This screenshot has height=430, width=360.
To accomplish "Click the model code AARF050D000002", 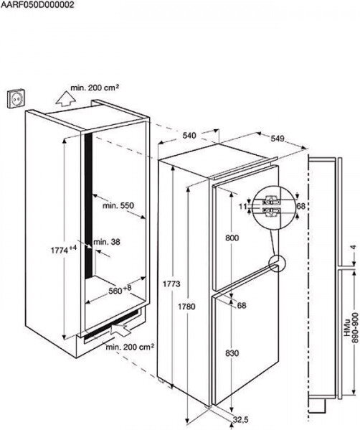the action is tap(37, 4).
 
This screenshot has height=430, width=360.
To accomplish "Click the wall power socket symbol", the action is tap(15, 99).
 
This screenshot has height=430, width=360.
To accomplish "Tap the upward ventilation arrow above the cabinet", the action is tap(65, 98).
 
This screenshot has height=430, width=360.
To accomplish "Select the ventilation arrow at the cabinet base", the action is tap(120, 329).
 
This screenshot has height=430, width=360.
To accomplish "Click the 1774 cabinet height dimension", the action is tap(64, 250).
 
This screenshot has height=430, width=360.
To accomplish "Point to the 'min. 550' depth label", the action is tap(118, 205).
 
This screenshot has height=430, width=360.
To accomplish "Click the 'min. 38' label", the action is tap(107, 242).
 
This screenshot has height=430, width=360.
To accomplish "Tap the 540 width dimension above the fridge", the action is tap(189, 136).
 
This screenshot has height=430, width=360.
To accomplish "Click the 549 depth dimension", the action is tap(278, 139).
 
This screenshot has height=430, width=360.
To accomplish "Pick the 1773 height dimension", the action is tap(171, 284).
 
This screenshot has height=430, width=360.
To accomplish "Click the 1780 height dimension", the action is tap(186, 307).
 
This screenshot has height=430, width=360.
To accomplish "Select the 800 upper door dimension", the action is tap(232, 238).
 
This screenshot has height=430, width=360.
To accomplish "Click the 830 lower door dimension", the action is tap(232, 353).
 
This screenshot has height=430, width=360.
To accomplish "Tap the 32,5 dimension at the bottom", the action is tap(241, 419).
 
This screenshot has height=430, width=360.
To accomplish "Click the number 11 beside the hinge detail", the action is tap(242, 206).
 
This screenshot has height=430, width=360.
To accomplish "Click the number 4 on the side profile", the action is tap(354, 247).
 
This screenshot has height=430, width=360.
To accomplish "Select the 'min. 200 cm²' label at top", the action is tap(95, 88).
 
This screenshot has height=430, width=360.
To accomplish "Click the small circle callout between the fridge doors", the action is tap(277, 263).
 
